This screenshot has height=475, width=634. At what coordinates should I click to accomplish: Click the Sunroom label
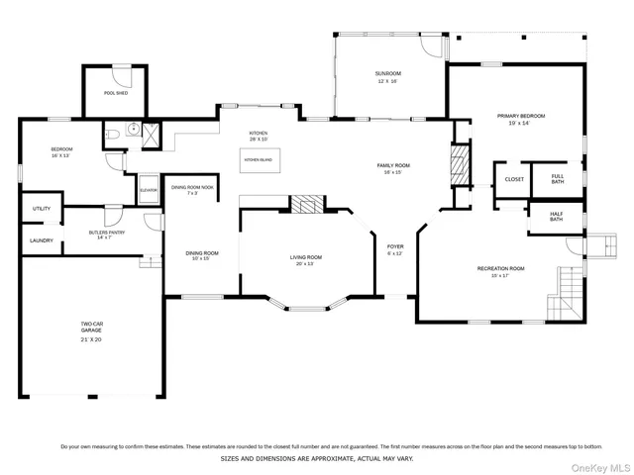tap(387, 77)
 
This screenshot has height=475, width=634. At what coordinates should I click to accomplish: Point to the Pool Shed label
tap(116, 94)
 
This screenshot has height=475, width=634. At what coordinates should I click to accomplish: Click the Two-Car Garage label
tap(92, 331)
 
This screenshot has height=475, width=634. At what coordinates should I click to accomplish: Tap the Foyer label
tap(395, 249)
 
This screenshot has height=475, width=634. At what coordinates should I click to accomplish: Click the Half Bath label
tap(556, 216)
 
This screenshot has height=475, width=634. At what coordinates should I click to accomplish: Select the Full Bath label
tap(558, 179)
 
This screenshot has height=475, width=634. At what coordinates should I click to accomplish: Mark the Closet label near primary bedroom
tap(514, 179)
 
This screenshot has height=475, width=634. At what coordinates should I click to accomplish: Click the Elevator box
tap(149, 190)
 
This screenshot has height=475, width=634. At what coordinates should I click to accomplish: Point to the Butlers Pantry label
tap(101, 236)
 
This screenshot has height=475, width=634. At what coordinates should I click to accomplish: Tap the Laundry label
tap(41, 240)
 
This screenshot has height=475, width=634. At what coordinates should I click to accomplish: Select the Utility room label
tap(41, 209)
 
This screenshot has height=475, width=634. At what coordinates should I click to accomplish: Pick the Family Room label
tap(393, 168)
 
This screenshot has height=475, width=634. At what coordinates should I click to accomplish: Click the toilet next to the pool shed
tap(114, 132)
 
